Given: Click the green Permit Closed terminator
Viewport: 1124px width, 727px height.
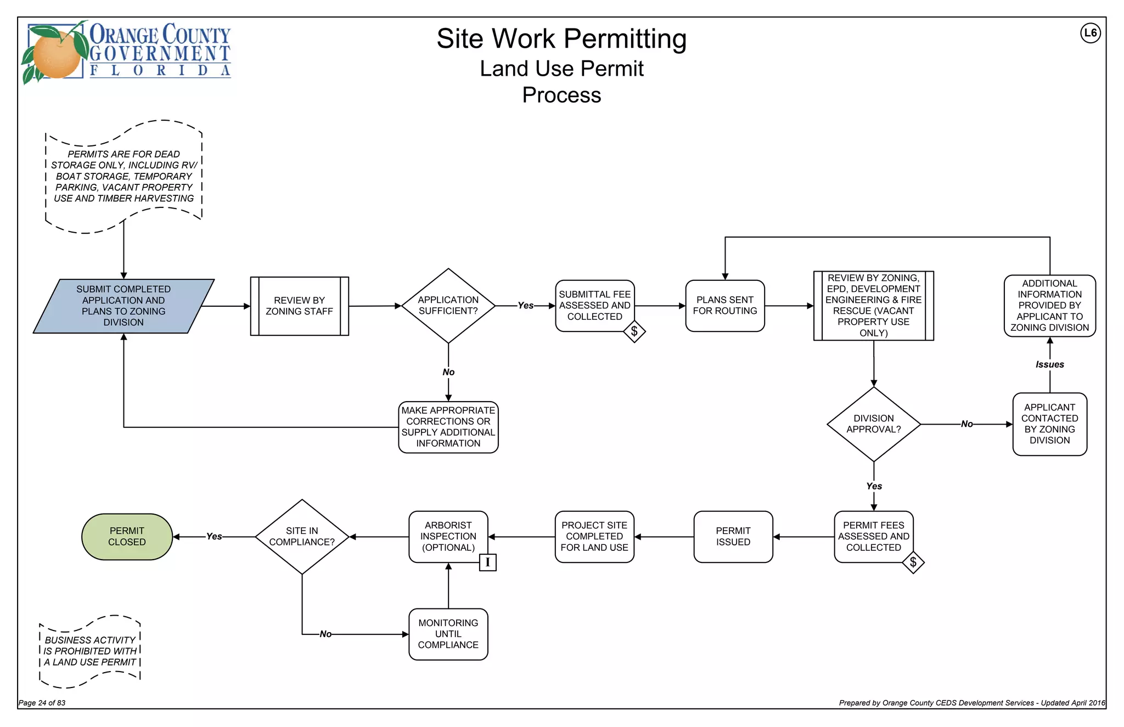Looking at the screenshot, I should [127, 537].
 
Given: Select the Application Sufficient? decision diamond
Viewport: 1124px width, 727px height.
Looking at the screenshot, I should [448, 306].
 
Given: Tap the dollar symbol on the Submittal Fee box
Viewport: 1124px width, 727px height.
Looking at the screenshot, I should [634, 331].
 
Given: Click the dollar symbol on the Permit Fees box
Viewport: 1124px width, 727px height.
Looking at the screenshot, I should [913, 562].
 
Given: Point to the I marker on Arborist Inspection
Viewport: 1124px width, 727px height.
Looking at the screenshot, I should [487, 562].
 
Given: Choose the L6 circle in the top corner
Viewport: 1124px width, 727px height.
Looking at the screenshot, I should [1090, 33].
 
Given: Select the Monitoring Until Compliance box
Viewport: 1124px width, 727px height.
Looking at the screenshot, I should [448, 634].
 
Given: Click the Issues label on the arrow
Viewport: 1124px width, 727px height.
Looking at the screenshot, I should [1049, 364].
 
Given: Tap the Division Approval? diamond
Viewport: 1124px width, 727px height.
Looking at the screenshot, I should [873, 424].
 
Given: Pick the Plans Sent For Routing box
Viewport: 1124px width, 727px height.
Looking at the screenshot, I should [724, 306].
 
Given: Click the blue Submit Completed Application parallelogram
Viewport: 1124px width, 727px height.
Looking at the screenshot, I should [123, 306].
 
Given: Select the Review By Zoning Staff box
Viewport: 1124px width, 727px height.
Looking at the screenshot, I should [299, 306].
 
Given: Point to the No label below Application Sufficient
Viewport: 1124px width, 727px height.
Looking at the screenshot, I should [448, 372].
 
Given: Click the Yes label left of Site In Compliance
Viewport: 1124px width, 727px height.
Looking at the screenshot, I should [214, 537].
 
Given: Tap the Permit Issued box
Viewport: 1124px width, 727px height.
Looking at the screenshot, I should [733, 537].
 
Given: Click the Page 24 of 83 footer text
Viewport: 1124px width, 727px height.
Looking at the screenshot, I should [42, 703].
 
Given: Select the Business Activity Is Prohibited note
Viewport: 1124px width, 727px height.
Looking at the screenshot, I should [90, 651].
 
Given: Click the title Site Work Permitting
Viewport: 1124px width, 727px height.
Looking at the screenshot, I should [561, 39].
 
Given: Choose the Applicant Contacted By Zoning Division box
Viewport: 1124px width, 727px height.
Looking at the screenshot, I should [1049, 424].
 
